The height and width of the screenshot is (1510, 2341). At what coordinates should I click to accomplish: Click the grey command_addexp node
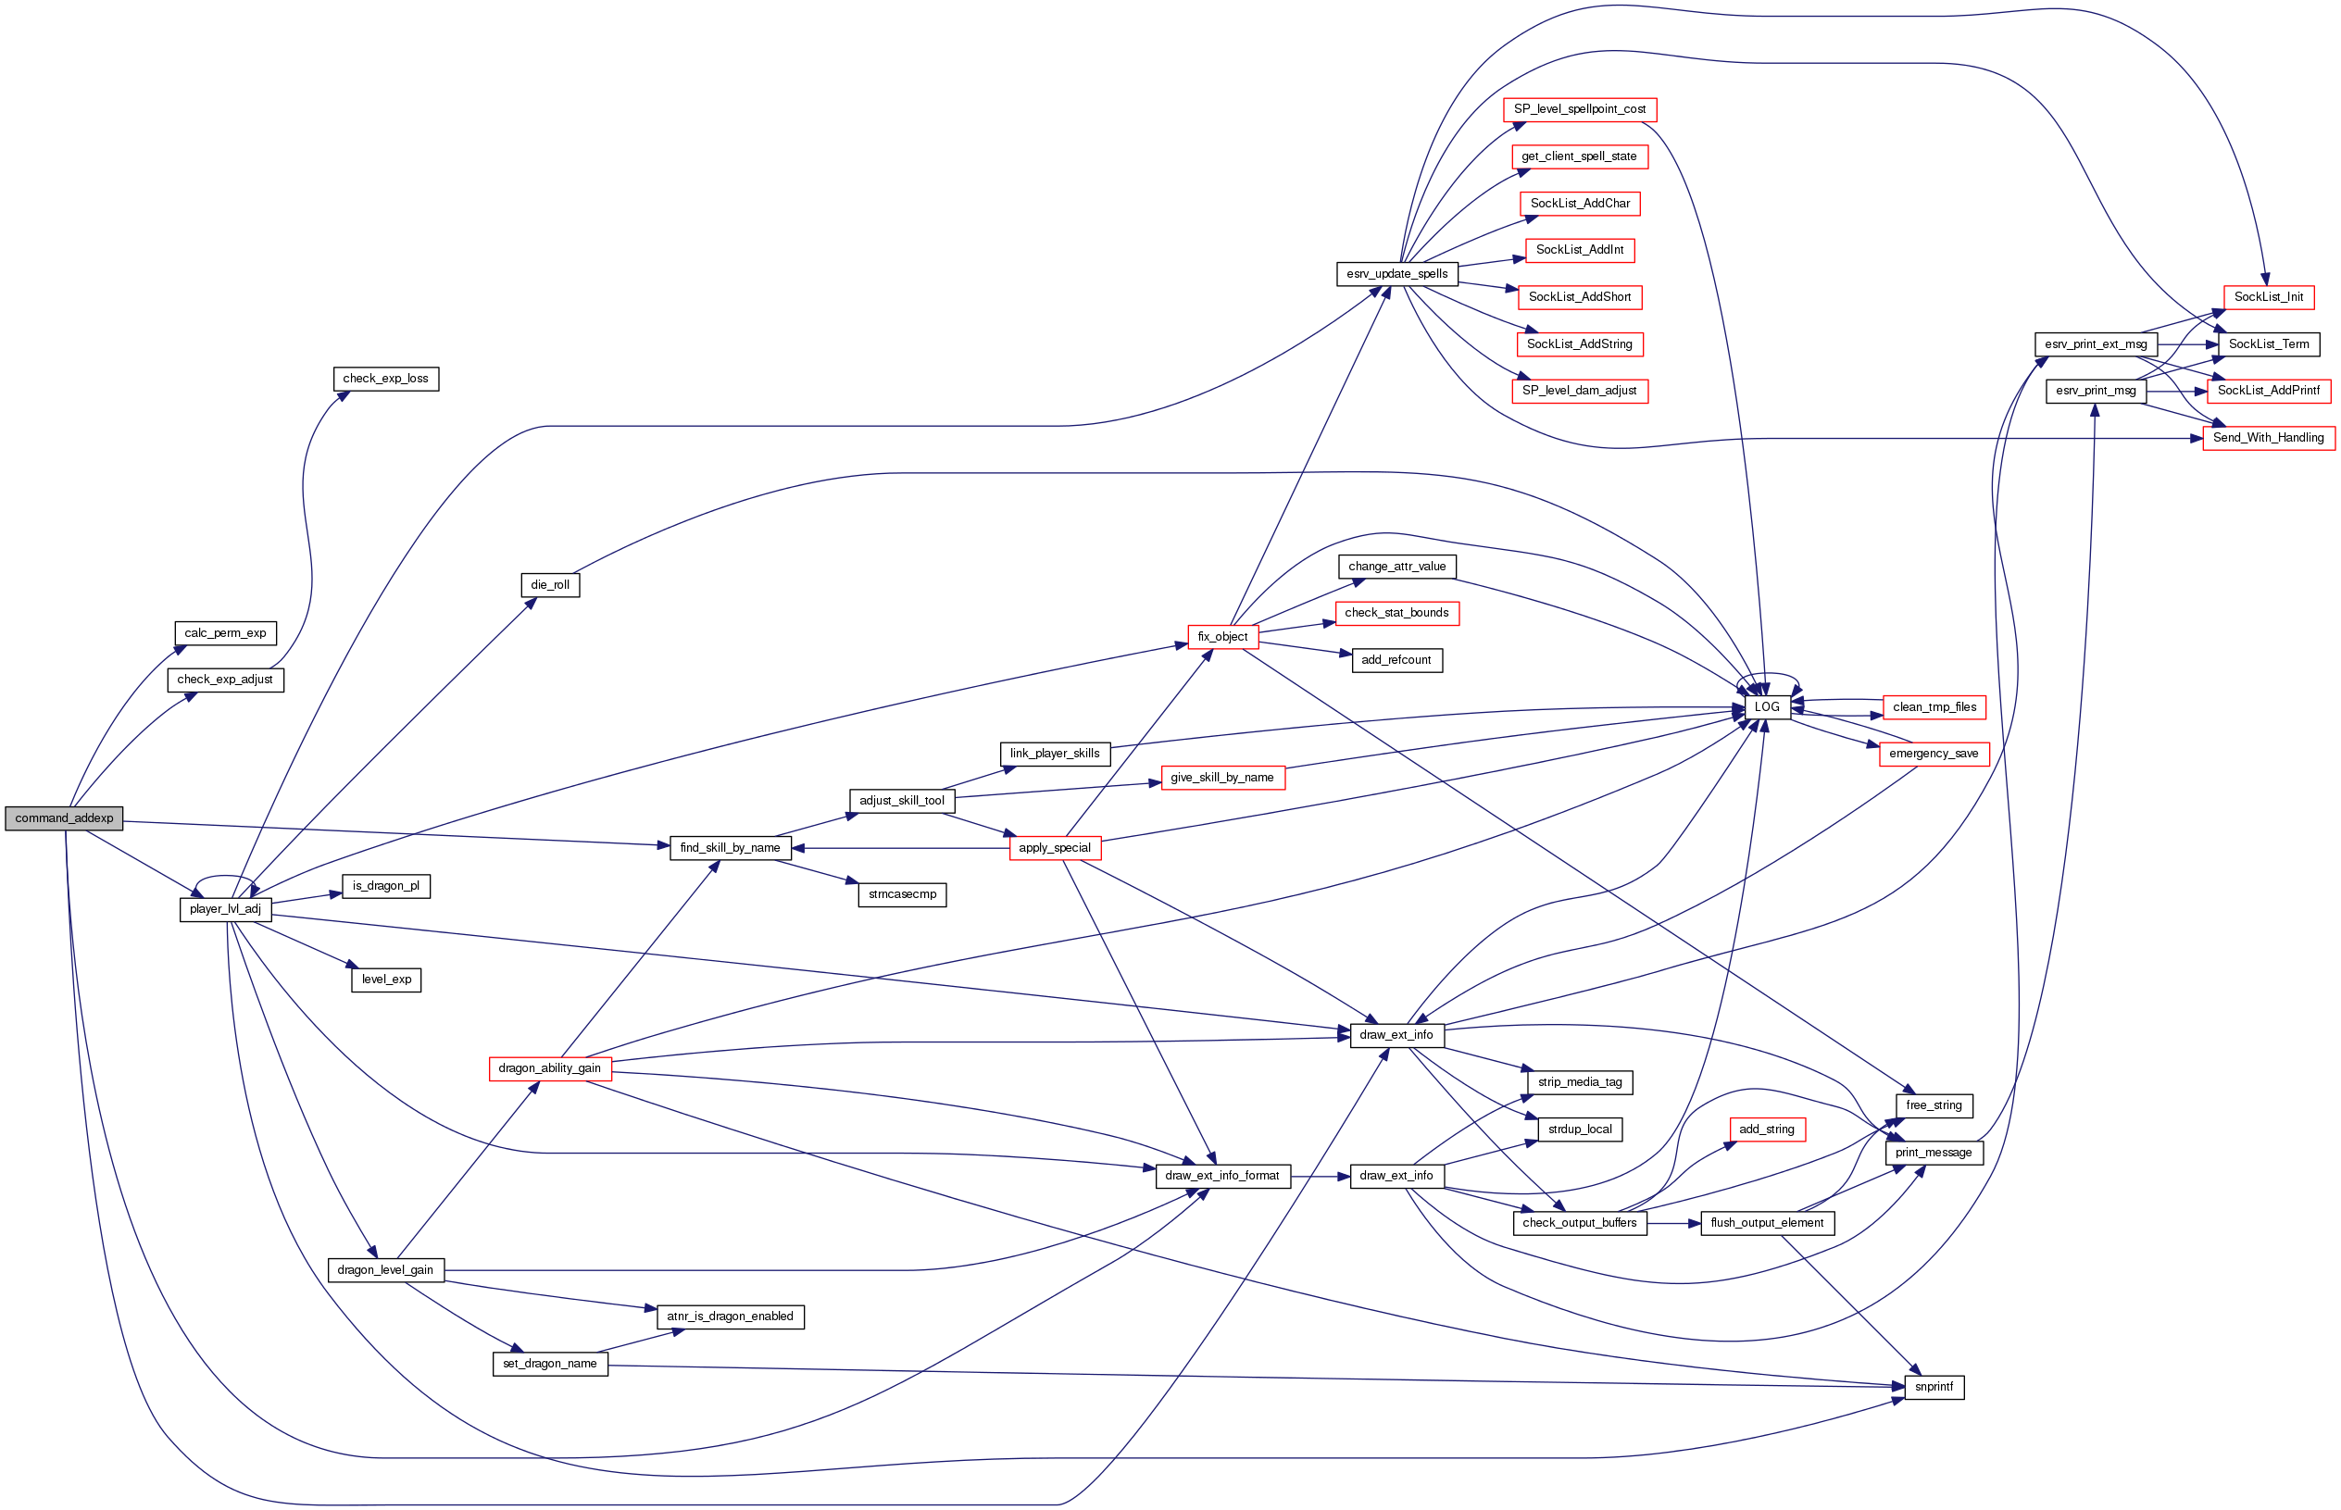pos(64,818)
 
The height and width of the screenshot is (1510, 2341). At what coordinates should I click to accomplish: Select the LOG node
pos(1766,707)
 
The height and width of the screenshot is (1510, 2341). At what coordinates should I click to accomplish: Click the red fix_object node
pos(1222,637)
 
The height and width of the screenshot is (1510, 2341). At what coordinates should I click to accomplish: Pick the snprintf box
pos(1933,1388)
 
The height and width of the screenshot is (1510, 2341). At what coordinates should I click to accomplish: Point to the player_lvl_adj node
pos(225,909)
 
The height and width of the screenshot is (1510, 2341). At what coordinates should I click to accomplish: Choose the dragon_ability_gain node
pos(549,1068)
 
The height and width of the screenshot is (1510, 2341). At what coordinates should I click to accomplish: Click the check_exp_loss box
pos(385,379)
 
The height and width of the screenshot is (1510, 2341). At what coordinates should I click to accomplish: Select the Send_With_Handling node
pos(2268,438)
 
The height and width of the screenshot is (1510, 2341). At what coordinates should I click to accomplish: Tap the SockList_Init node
pos(2268,297)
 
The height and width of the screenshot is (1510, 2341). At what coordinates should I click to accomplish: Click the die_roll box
pos(549,585)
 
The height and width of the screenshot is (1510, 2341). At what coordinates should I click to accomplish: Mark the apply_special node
pos(1055,848)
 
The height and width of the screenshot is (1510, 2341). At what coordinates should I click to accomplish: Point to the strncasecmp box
pos(901,894)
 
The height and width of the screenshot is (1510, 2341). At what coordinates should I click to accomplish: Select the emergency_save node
pos(1933,754)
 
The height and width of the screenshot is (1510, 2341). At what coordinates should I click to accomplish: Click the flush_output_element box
pos(1766,1223)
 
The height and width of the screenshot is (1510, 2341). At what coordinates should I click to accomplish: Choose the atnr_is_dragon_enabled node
pos(730,1317)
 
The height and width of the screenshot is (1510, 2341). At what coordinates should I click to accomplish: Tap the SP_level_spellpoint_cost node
pos(1579,110)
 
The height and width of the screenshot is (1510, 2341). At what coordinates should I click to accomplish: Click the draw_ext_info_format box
pos(1222,1176)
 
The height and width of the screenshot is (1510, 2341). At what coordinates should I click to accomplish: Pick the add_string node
pos(1766,1129)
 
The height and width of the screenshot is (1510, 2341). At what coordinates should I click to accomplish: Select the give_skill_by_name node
pos(1222,779)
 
